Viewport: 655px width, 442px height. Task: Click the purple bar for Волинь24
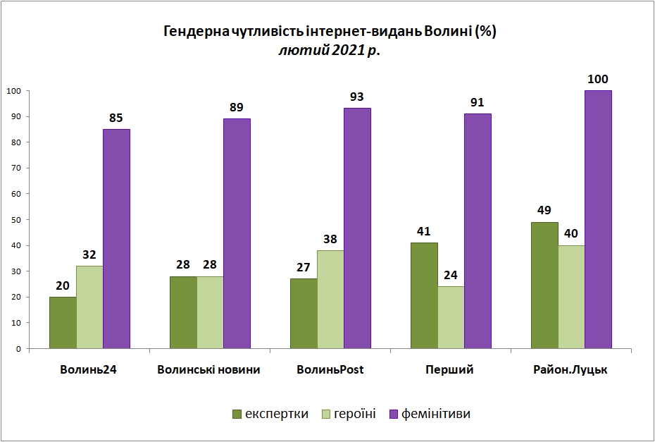pos(116,239)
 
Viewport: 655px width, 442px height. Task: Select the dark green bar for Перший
pos(425,295)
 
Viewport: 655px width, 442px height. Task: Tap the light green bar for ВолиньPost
pos(330,300)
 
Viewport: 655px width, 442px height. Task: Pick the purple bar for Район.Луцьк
pos(598,219)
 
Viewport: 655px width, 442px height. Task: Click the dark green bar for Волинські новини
pos(183,312)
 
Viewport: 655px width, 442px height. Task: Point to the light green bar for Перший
pos(451,317)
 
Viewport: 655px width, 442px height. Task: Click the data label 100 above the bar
pos(598,79)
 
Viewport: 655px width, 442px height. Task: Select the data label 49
pos(544,210)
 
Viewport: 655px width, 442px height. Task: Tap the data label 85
pos(116,118)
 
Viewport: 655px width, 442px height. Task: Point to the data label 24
pos(451,275)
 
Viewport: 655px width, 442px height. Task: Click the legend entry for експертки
pos(270,414)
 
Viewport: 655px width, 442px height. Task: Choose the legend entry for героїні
pos(349,414)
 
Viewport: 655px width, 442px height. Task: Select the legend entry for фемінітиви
pos(430,414)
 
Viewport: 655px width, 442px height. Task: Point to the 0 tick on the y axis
pos(18,349)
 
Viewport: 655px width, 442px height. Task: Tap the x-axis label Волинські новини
pos(209,369)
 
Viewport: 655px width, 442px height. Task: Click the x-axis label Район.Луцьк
pos(570,369)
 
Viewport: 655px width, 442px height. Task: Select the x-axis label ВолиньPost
pos(330,369)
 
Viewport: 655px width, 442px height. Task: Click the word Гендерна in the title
pos(196,32)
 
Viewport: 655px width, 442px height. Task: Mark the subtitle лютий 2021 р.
pos(330,51)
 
